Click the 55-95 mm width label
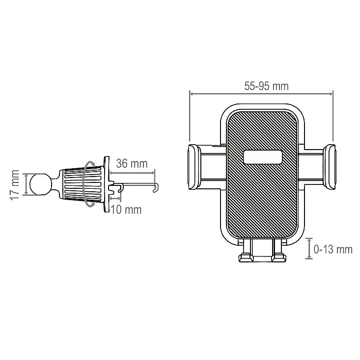tap(266, 86)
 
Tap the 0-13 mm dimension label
tap(333, 249)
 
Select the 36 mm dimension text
tap(132, 163)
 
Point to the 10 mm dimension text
tap(126, 209)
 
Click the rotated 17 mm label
tap(14, 185)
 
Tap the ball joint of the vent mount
tap(40, 184)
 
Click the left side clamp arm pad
tap(194, 167)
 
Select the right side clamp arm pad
tap(329, 167)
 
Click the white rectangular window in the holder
tap(263, 157)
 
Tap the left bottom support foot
tap(246, 257)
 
